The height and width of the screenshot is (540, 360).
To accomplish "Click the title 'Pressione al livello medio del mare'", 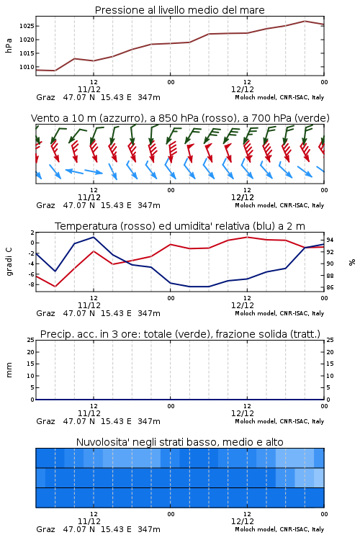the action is pyautogui.click(x=179, y=10).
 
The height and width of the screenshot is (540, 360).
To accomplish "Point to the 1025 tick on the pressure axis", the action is pyautogui.click(x=27, y=26).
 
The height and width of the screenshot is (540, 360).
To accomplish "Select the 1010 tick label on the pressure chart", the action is pyautogui.click(x=27, y=67).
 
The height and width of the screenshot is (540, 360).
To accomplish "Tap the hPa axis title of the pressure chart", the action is pyautogui.click(x=9, y=45).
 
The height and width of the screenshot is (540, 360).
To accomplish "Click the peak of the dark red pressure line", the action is pyautogui.click(x=305, y=21).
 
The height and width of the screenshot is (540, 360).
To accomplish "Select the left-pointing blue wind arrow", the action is pyautogui.click(x=74, y=171).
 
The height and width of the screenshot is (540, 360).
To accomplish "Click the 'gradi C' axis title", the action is pyautogui.click(x=9, y=261).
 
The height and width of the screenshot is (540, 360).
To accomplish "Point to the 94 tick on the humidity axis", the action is pyautogui.click(x=330, y=240).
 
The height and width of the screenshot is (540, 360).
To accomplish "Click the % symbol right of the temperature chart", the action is pyautogui.click(x=352, y=262).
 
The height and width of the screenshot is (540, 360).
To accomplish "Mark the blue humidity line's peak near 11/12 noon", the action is pyautogui.click(x=94, y=237).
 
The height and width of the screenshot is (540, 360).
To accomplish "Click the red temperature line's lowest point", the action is pyautogui.click(x=55, y=287).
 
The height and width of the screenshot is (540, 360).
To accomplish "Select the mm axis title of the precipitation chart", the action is pyautogui.click(x=9, y=370).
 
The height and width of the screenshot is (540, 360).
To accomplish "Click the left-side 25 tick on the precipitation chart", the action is pyautogui.click(x=31, y=340).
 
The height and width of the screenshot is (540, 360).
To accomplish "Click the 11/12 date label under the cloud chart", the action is pyautogui.click(x=89, y=521).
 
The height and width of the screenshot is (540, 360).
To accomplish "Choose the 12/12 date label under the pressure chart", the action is pyautogui.click(x=243, y=89).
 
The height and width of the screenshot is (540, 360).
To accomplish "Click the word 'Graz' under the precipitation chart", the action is pyautogui.click(x=45, y=421).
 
